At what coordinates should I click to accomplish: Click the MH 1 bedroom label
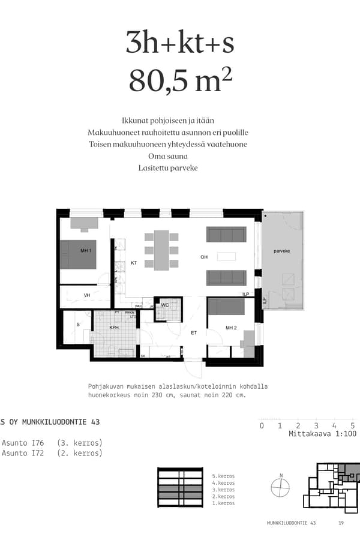86,250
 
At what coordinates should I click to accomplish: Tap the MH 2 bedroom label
232,328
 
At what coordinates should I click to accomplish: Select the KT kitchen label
134,263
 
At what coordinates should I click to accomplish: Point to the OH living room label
204,257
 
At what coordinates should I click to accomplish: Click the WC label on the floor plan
164,305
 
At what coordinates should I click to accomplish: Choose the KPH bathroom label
114,328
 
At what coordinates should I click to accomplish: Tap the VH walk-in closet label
87,295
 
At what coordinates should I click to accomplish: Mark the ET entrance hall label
194,332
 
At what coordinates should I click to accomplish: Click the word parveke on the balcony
282,251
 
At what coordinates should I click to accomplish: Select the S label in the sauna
77,325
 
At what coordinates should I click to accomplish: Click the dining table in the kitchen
161,250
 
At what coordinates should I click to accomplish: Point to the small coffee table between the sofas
226,257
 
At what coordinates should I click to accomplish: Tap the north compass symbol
280,487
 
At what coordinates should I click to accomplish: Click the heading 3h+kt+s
180,43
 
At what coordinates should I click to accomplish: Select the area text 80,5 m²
180,81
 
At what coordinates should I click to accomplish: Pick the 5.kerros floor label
223,476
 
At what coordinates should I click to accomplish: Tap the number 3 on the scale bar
316,425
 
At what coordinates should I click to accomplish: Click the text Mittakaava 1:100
322,434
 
